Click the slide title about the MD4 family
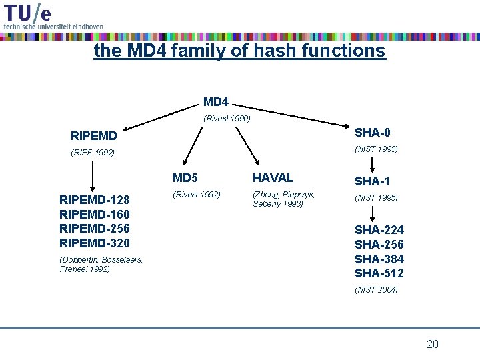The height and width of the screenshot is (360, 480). click(239, 51)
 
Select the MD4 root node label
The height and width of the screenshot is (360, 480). click(215, 102)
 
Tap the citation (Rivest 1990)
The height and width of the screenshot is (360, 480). click(227, 119)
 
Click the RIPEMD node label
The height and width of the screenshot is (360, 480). click(94, 136)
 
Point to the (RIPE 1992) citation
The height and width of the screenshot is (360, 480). click(93, 153)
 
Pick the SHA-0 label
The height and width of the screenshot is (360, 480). click(373, 133)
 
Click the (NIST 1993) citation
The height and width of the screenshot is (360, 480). click(376, 149)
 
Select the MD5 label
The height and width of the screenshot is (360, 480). click(185, 178)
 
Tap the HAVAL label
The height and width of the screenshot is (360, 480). click(273, 178)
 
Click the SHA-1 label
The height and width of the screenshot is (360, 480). click(372, 181)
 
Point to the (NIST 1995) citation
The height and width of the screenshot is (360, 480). click(376, 198)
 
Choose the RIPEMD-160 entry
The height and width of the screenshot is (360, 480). click(95, 214)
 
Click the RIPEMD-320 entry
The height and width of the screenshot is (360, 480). click(95, 243)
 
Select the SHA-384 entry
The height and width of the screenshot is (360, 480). click(379, 259)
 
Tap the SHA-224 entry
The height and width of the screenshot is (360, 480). click(379, 230)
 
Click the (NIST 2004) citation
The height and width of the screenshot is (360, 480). click(376, 289)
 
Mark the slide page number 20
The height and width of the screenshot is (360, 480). click(433, 344)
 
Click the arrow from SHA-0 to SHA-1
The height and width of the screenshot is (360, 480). click(372, 164)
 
